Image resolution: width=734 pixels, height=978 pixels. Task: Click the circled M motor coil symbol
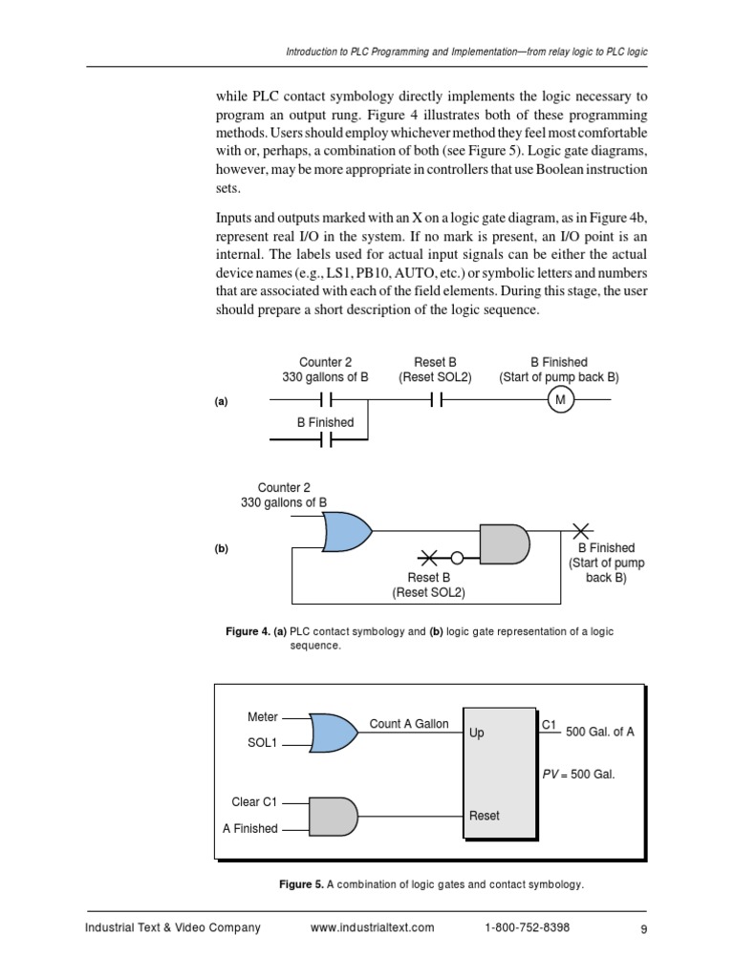[x=561, y=402]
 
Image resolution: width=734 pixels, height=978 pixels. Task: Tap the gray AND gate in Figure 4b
[x=504, y=543]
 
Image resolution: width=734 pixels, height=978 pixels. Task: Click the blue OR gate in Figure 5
[x=330, y=732]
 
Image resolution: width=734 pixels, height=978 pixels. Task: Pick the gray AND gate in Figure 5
[x=334, y=817]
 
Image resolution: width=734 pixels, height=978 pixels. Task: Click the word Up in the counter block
[x=477, y=733]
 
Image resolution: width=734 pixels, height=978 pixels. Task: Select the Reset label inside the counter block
[x=485, y=816]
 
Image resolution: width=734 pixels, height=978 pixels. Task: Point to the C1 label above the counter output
[x=550, y=725]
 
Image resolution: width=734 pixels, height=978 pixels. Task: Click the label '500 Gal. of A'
[x=600, y=733]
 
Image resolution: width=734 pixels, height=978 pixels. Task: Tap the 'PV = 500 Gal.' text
[x=578, y=775]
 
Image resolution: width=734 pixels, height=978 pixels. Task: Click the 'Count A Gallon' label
[x=409, y=724]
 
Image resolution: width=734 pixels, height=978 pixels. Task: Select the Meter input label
[x=263, y=717]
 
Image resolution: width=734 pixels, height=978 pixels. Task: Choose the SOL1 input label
[x=262, y=744]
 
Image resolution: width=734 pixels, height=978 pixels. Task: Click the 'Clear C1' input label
[x=254, y=802]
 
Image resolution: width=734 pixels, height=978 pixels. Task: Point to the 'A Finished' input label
[x=250, y=829]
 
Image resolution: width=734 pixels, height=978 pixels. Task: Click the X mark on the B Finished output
[x=581, y=529]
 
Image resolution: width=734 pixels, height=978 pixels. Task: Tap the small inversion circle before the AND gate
[x=458, y=558]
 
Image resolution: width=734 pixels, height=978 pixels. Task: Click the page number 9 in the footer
[x=644, y=928]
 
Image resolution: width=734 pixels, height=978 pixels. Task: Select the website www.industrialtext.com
[x=373, y=927]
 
